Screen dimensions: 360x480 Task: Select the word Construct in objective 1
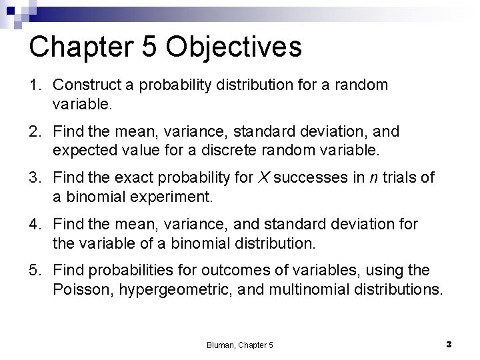tap(84, 85)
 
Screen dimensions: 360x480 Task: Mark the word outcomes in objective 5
tap(217, 271)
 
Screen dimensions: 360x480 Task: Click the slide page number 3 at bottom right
tap(449, 344)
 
